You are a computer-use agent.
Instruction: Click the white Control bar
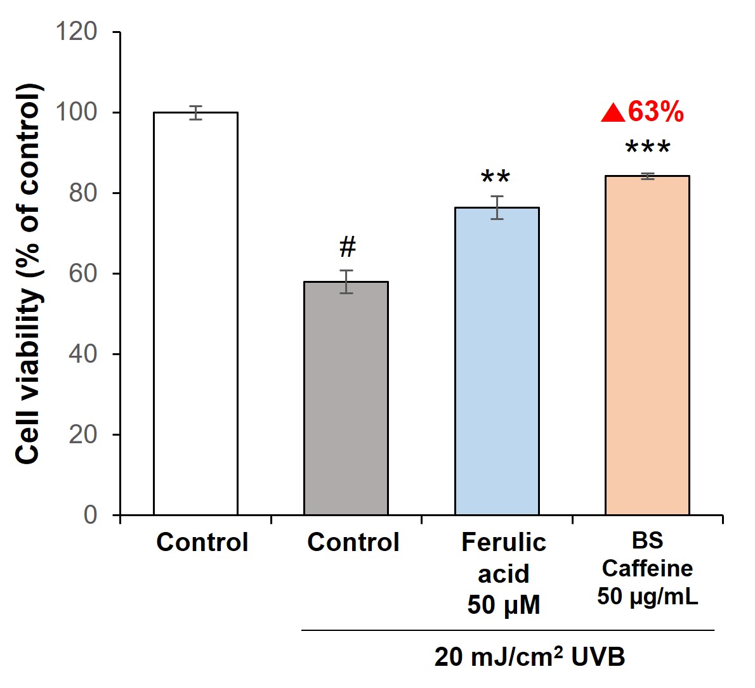point(195,313)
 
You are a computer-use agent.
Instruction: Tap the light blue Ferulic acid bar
point(497,361)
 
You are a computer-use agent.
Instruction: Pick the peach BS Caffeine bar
point(647,345)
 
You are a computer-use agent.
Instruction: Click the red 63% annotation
point(655,112)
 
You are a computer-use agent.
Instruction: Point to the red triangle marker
point(613,114)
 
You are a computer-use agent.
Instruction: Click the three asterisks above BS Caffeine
point(647,150)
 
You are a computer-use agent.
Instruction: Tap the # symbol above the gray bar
point(347,247)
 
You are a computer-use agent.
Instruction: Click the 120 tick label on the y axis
point(76,32)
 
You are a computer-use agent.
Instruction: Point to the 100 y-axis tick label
point(76,112)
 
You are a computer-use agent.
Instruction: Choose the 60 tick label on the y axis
point(83,273)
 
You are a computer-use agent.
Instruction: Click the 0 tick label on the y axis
point(90,514)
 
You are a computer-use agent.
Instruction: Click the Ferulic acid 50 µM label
point(504,573)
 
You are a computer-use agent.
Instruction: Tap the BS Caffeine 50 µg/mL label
point(647,568)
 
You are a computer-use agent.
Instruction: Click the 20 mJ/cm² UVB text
point(530,657)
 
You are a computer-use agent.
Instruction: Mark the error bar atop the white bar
point(196,113)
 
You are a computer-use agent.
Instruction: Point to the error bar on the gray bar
point(346,282)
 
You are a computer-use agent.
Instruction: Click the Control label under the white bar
point(202,543)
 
